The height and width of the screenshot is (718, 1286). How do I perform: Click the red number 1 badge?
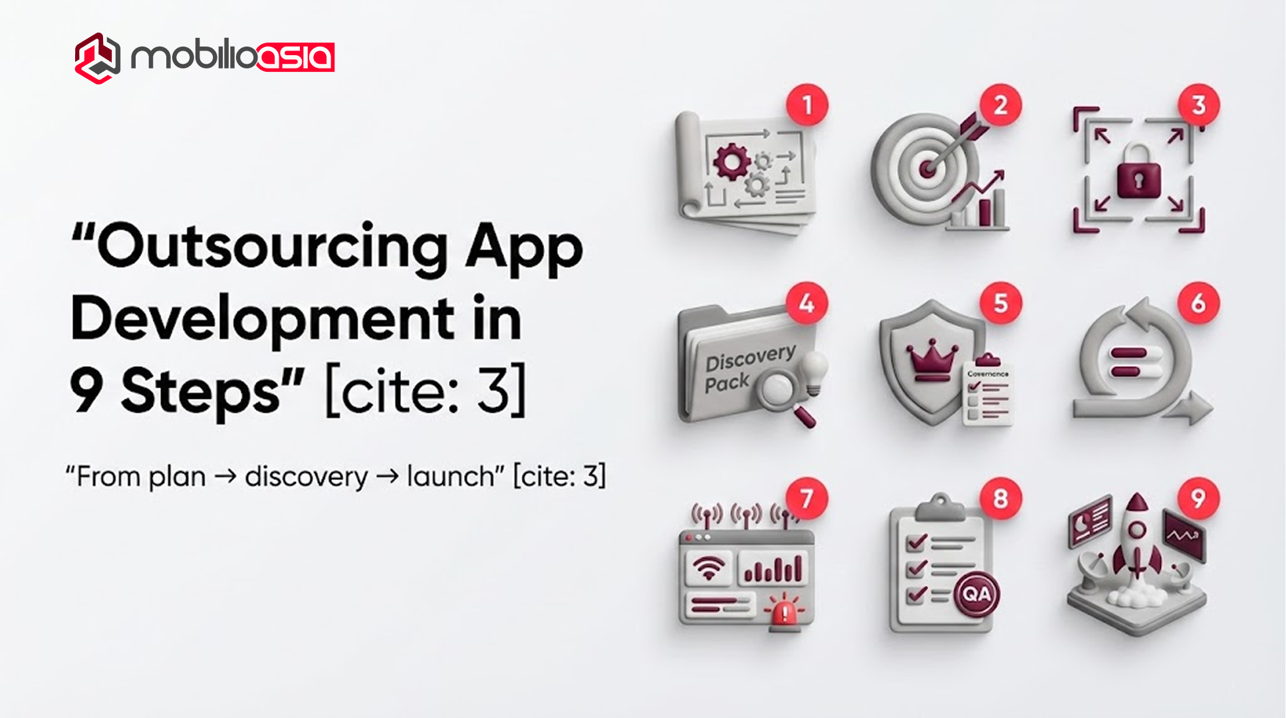[x=807, y=105]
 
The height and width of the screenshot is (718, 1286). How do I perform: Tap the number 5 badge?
[x=1000, y=303]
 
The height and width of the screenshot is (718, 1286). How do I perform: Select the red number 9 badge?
[x=1198, y=498]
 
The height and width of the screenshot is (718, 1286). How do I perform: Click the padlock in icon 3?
[x=1138, y=174]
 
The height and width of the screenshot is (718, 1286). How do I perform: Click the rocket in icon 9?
[x=1137, y=538]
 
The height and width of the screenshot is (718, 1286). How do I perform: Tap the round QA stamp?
[x=976, y=593]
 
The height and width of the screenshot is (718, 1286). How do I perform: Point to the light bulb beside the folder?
[x=814, y=370]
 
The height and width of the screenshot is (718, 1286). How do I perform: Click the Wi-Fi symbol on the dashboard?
[x=708, y=568]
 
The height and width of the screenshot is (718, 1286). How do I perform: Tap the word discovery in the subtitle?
[x=306, y=477]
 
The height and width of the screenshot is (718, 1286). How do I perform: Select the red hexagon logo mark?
[x=98, y=58]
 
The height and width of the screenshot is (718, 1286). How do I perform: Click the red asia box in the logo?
[x=296, y=57]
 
